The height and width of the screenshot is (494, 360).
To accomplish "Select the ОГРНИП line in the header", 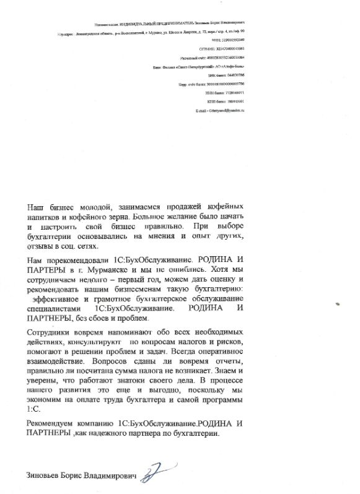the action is [x=221, y=47].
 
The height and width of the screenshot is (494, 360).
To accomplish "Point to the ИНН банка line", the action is [x=221, y=92].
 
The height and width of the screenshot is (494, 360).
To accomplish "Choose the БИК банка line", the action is [x=221, y=74].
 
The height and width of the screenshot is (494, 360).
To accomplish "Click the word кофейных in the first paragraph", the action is [x=219, y=205].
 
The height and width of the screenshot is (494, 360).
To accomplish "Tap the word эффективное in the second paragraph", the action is [x=60, y=298].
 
